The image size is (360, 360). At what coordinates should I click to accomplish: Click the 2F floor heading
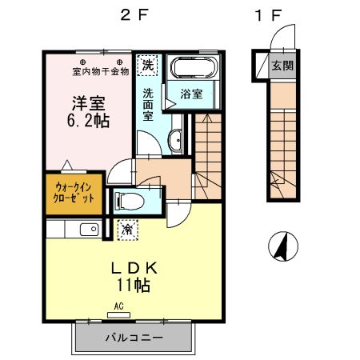point(134,15)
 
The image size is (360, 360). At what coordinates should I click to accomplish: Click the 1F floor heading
point(268,15)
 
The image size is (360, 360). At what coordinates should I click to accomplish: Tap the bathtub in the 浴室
point(194,68)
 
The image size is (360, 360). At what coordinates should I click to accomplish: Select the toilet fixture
point(130,201)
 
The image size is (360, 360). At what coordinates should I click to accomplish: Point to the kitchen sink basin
point(90,230)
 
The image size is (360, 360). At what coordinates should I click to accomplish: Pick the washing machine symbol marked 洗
point(148,65)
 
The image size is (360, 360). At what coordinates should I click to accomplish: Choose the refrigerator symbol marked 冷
point(128,230)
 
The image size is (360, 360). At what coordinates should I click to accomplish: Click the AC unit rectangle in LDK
point(118,315)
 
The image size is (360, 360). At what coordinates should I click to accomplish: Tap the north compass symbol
point(283,246)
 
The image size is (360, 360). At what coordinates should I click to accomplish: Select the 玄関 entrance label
point(282,66)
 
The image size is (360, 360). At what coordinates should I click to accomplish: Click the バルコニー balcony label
point(134,338)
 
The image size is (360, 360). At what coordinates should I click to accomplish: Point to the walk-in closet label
point(74,193)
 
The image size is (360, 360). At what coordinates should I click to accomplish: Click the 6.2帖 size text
point(88,121)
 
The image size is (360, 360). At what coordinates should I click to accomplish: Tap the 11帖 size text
point(133,286)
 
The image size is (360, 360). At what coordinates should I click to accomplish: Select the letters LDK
point(134,268)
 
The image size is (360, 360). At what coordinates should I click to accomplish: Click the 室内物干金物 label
point(101,71)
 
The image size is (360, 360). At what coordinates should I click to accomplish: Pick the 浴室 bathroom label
point(191,94)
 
